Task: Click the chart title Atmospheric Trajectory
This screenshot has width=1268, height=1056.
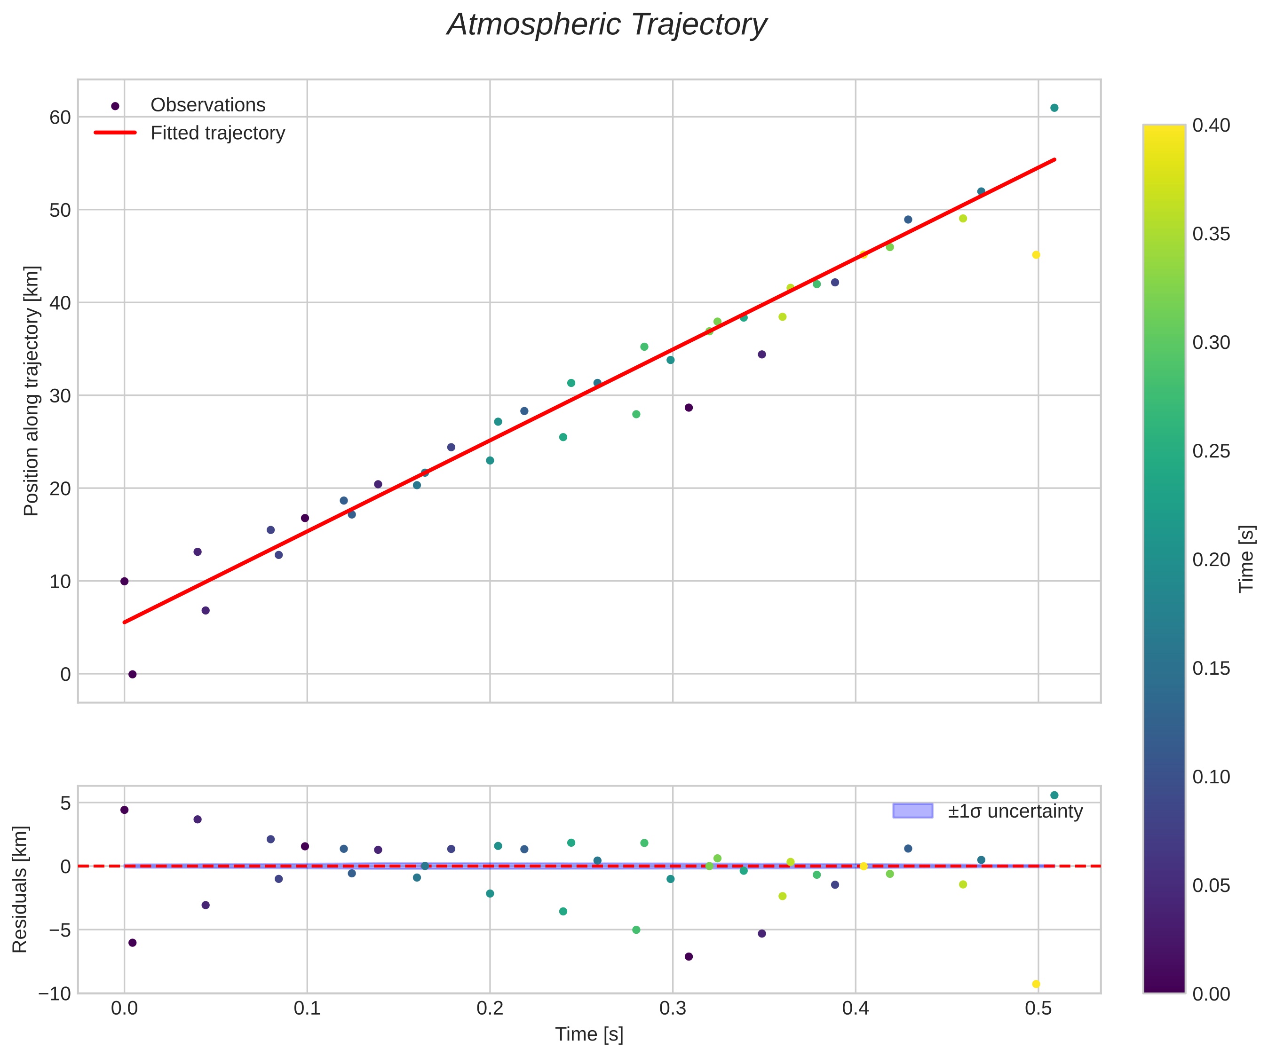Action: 606,25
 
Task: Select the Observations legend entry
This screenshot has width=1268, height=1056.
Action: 207,105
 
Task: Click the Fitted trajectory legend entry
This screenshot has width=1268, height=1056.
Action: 217,133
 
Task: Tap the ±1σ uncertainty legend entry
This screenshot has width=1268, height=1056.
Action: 1014,811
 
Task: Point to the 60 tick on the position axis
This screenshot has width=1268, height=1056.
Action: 60,117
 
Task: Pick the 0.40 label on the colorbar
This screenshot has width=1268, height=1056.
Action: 1211,126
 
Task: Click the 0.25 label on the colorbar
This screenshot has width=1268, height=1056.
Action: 1211,451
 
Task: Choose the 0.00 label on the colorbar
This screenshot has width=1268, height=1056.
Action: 1211,994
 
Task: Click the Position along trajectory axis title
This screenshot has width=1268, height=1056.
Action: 32,391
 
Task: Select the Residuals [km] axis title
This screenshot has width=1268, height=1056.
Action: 20,890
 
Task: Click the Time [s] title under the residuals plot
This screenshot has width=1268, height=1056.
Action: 589,1034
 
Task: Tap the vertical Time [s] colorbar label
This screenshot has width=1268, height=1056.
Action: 1246,559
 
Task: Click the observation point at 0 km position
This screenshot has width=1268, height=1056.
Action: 132,674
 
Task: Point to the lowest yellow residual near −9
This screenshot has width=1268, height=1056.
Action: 1036,984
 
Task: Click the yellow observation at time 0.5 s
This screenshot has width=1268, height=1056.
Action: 1036,255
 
